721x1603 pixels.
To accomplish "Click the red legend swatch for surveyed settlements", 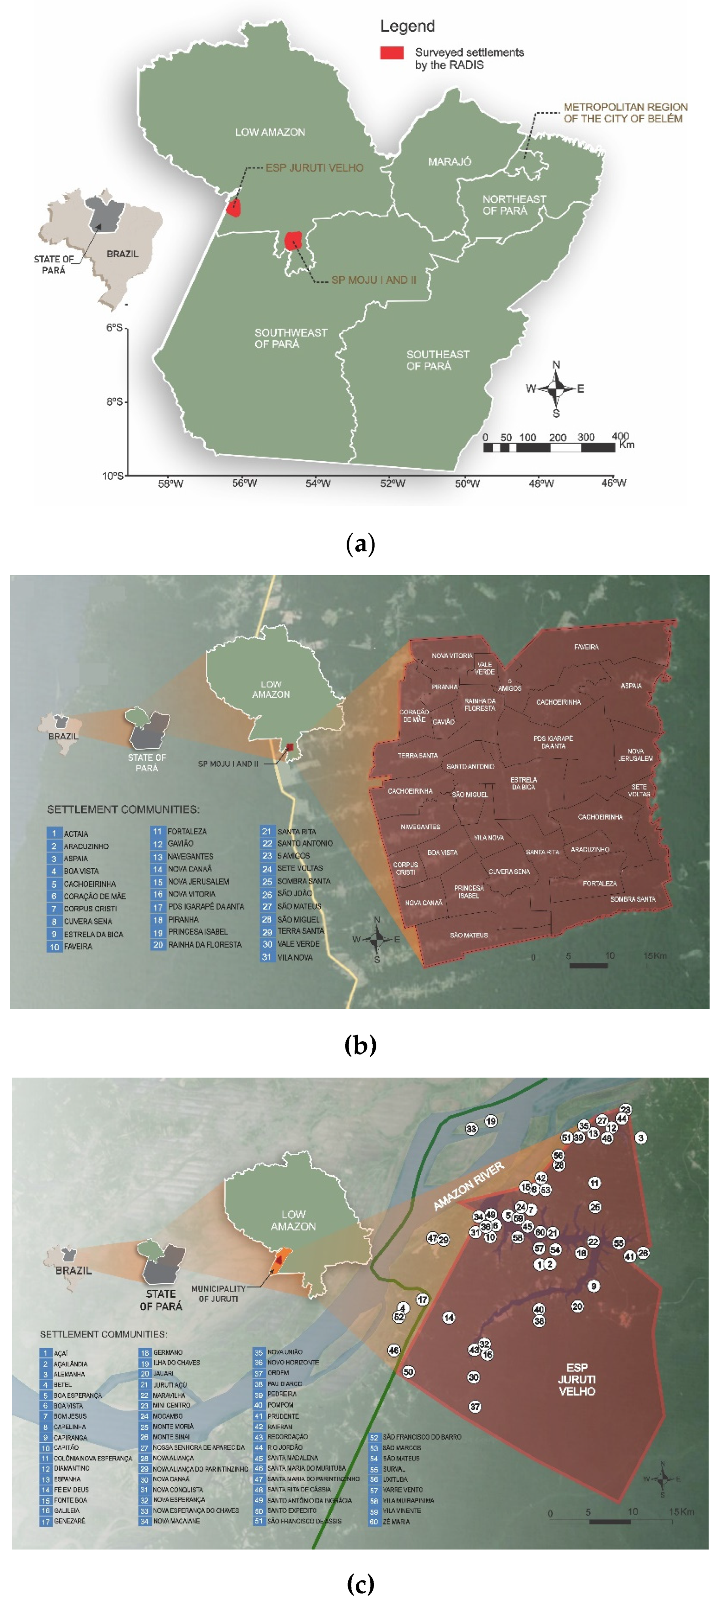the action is coord(391,53).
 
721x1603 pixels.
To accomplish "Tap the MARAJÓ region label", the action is coord(449,162).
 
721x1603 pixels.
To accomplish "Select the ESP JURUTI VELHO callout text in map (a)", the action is coord(314,168).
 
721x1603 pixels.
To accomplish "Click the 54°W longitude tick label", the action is coord(318,483).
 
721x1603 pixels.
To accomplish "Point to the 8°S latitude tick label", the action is coord(114,402).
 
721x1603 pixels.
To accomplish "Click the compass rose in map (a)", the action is coord(556,388).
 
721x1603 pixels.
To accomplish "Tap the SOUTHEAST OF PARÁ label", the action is coord(437,360).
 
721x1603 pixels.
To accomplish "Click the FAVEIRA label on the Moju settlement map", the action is coord(586,647).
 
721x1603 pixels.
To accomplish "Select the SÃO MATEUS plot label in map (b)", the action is coord(469,935).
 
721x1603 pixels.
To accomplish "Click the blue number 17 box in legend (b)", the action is coord(158,907).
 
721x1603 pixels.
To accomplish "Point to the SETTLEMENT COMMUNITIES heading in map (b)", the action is coord(123,809).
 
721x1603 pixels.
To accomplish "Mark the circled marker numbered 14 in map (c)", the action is coord(448,1317).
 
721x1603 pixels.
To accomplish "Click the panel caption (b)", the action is coord(360,1045).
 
